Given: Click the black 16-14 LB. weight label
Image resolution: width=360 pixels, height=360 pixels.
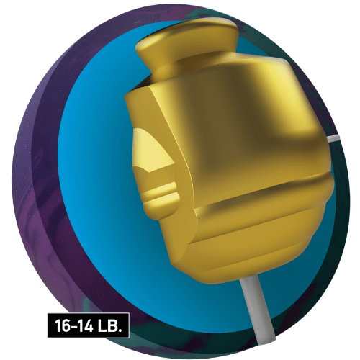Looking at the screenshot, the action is [x=89, y=325].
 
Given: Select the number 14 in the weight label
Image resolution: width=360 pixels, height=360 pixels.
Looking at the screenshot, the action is [x=85, y=325].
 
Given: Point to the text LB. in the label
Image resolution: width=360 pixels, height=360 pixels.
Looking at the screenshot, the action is [x=109, y=325].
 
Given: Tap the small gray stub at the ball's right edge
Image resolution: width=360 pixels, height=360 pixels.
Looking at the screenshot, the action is [x=333, y=138].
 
